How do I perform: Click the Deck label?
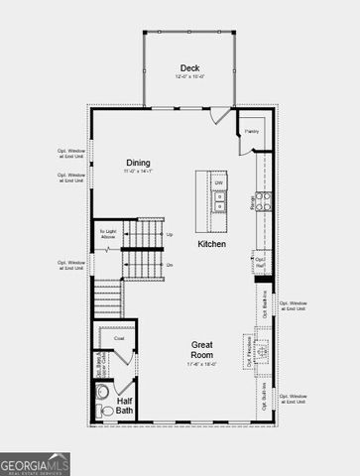190,68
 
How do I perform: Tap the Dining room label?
138,162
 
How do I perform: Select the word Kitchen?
211,244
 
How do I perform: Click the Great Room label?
203,349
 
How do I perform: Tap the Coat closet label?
119,337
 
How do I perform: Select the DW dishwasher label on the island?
218,182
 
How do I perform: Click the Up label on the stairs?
170,234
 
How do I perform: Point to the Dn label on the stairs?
170,265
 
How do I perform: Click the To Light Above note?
108,234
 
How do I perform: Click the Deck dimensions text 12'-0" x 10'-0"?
189,77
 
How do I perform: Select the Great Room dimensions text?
202,364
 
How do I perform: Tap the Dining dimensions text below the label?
138,172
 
